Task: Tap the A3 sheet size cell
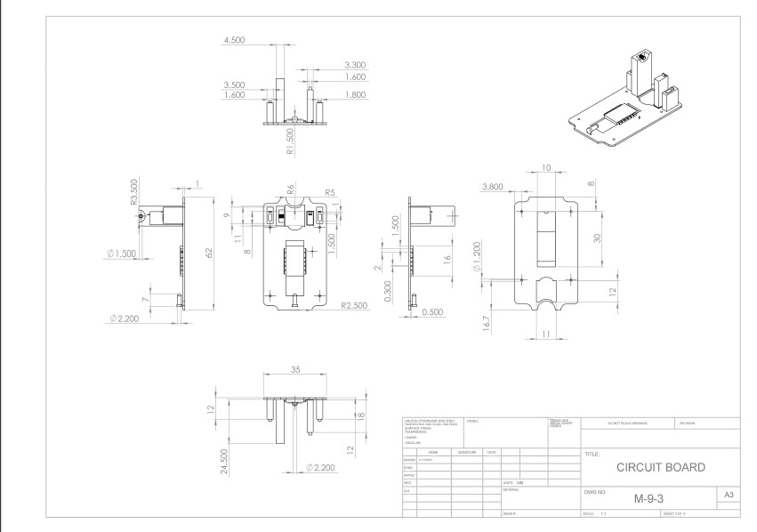point(728,494)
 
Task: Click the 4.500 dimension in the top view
point(236,41)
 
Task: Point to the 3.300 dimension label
point(354,65)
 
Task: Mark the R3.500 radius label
point(134,193)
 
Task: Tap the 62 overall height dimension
point(209,253)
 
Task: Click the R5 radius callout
point(329,191)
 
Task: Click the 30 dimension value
point(599,238)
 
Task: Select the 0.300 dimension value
point(387,292)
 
